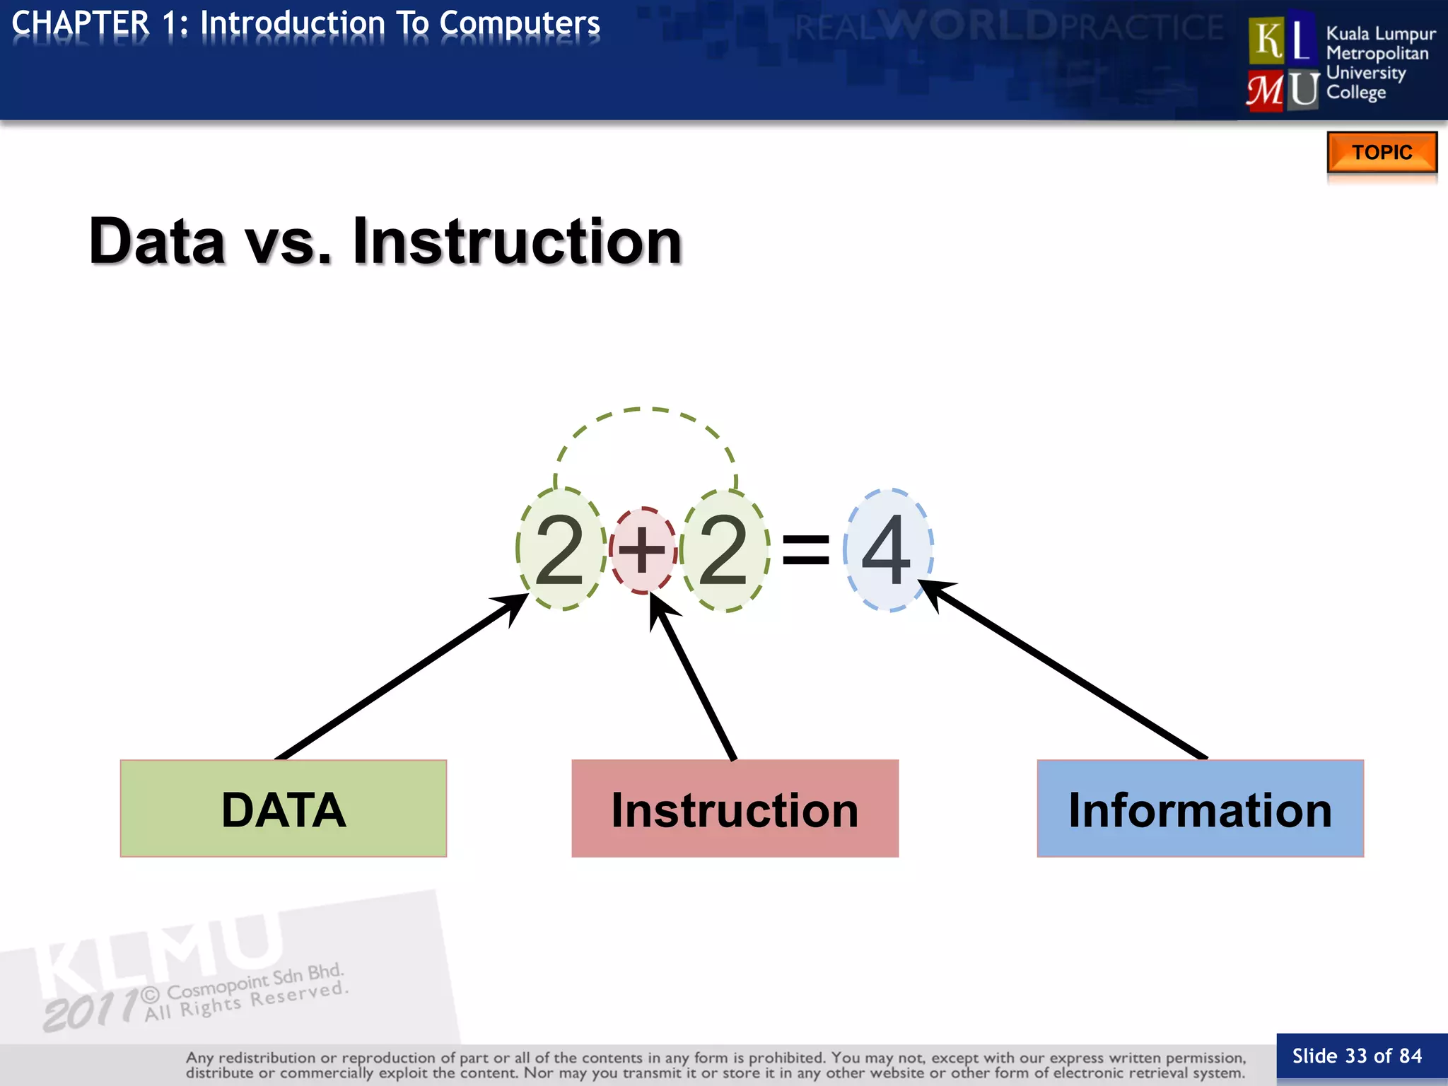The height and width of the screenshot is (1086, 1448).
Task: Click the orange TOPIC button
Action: click(x=1382, y=152)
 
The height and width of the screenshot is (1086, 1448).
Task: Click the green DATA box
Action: click(x=284, y=808)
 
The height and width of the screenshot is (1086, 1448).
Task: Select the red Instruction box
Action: click(x=735, y=808)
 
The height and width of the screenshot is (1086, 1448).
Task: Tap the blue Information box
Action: click(x=1200, y=808)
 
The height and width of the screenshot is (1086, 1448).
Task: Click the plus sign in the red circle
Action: click(x=643, y=549)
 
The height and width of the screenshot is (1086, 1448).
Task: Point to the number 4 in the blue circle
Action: click(x=887, y=549)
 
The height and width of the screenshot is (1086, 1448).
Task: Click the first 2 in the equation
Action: click(x=560, y=549)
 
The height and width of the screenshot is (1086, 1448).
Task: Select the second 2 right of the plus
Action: click(x=723, y=549)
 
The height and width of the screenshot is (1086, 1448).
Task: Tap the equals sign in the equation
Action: click(x=805, y=550)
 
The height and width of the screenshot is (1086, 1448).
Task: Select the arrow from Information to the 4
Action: click(x=1068, y=672)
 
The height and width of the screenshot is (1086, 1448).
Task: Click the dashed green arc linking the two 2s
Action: click(x=645, y=410)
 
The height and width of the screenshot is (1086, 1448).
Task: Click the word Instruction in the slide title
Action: click(x=517, y=242)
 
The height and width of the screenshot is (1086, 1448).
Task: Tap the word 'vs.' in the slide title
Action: click(x=288, y=242)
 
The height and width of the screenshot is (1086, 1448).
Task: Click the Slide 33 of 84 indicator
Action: click(x=1357, y=1056)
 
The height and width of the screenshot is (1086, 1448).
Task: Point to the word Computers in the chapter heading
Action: click(x=519, y=23)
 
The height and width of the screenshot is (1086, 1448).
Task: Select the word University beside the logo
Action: click(x=1365, y=73)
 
